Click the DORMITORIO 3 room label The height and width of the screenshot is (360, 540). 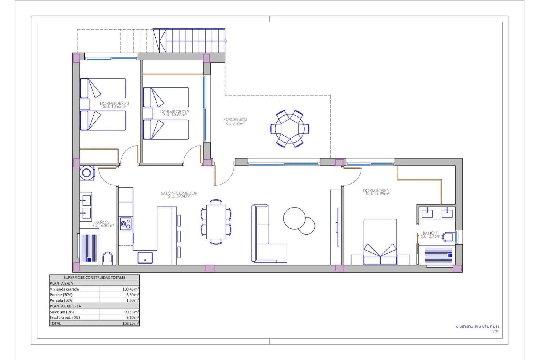[114, 103]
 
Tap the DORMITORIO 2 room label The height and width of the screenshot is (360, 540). [175, 112]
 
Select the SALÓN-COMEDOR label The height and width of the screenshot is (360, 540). [179, 193]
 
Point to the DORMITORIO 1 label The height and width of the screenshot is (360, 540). [377, 191]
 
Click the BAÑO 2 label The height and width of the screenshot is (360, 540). [102, 223]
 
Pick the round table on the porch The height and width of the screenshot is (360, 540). [290, 129]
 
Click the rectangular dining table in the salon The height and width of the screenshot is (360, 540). [216, 222]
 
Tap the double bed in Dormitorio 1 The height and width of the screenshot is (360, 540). [380, 242]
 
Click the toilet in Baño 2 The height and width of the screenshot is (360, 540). [107, 258]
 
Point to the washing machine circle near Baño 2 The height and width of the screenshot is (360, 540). [87, 172]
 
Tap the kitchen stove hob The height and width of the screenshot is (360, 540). [125, 224]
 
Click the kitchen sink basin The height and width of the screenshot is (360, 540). [145, 258]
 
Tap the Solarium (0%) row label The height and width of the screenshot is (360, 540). [62, 312]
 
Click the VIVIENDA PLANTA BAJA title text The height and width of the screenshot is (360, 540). [478, 327]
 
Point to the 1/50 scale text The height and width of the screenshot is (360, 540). [494, 331]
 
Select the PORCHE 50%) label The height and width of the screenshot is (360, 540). [235, 120]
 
